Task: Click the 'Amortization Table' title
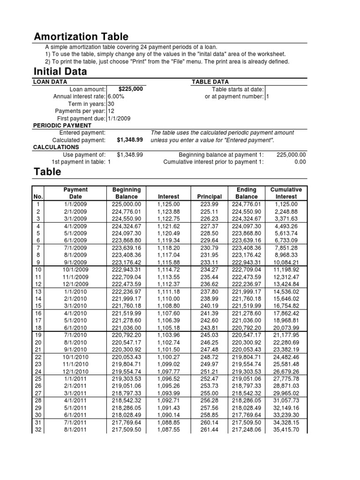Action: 81,37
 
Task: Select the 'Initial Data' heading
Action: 60,72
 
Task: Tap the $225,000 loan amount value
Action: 131,89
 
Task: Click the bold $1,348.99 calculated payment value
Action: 129,140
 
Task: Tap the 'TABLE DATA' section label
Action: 210,82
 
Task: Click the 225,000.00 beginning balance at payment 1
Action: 291,155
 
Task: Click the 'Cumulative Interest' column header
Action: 286,194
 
